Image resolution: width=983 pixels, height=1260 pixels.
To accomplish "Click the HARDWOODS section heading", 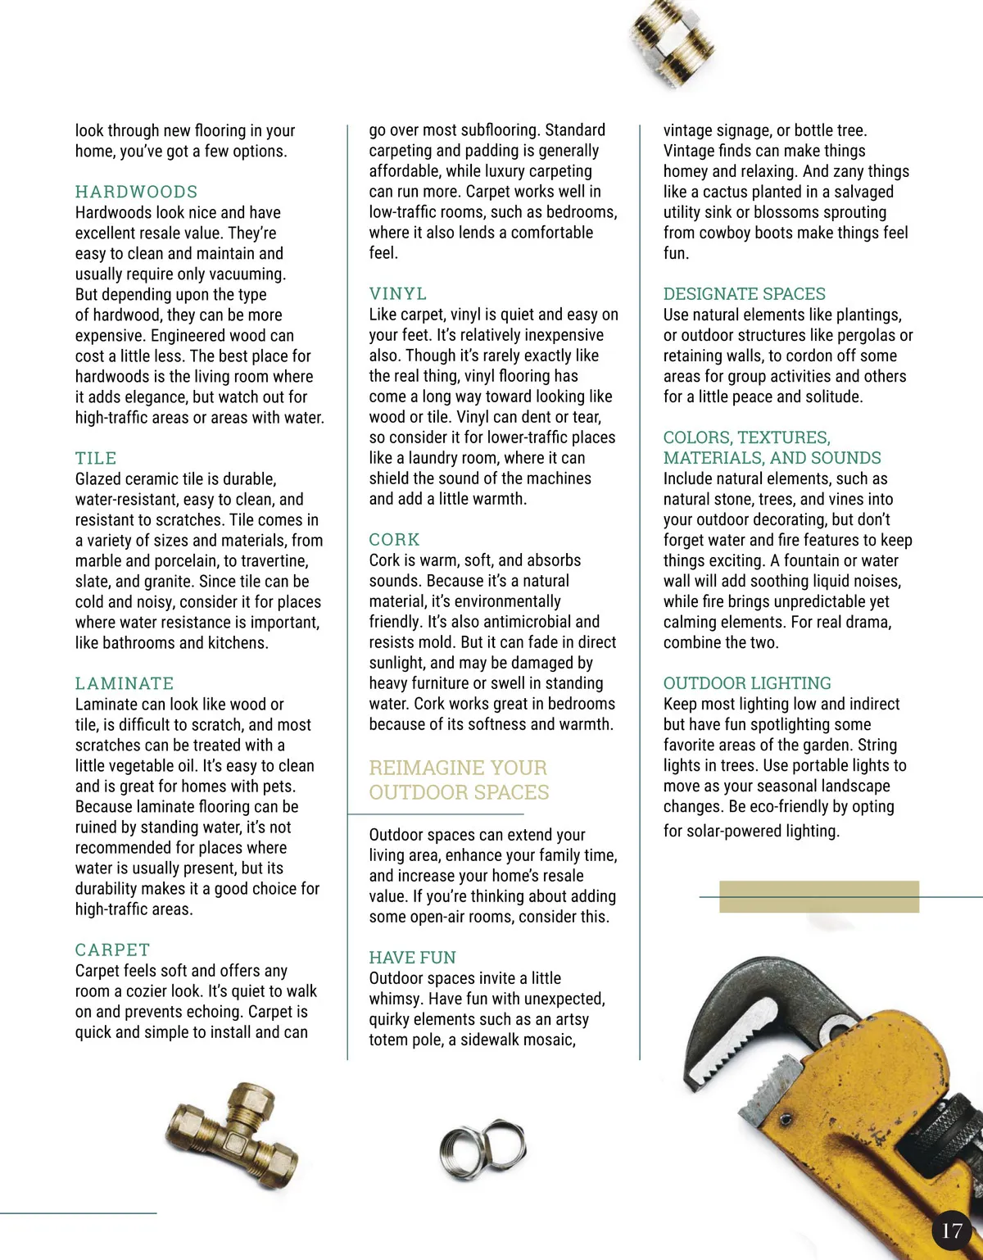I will (136, 192).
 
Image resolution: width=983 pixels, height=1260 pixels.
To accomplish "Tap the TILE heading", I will (96, 458).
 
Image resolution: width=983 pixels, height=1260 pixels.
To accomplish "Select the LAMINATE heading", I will (125, 683).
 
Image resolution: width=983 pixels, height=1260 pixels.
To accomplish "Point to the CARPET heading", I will (112, 950).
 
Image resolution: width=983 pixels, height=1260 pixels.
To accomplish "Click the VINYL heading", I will (397, 293).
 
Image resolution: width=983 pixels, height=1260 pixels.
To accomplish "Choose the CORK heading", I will (394, 539).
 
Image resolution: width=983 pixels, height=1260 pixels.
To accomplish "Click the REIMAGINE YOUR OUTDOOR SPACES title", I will (459, 780).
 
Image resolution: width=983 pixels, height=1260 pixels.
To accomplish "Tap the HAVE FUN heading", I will (412, 957).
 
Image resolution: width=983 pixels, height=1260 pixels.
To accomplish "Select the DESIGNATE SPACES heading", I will (744, 293).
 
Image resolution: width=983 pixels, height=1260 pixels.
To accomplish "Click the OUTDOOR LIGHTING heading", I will (747, 682).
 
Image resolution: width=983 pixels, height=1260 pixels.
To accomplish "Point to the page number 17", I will (951, 1231).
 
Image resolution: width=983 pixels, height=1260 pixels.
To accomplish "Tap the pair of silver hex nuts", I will (482, 1147).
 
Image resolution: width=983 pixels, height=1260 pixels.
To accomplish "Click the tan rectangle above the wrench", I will (818, 896).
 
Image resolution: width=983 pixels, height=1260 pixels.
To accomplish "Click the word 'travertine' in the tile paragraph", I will (274, 560).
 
